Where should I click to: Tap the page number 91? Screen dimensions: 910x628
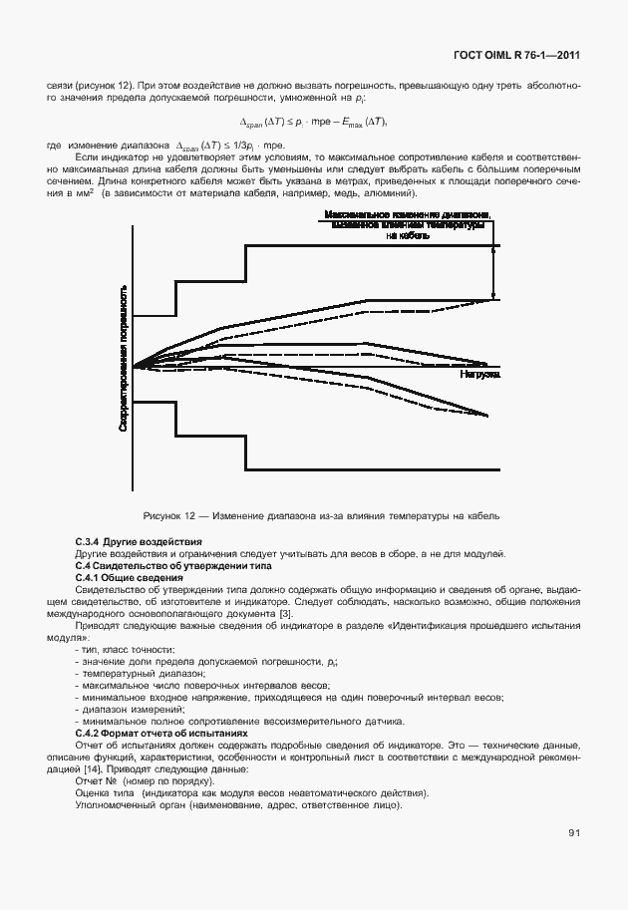click(x=574, y=832)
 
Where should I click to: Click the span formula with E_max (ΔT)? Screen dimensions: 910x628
click(x=313, y=123)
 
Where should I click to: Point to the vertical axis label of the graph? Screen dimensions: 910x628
click(x=123, y=358)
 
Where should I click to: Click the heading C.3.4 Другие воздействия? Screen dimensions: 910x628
click(x=138, y=540)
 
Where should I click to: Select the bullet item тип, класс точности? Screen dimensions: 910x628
click(x=125, y=650)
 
